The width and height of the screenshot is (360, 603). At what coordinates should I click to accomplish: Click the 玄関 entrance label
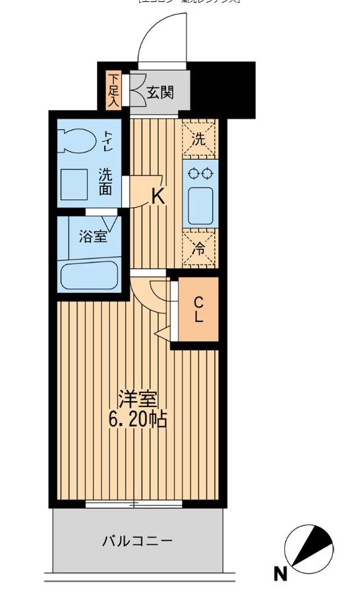click(x=160, y=93)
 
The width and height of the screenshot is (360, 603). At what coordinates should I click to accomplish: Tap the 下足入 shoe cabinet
click(x=113, y=90)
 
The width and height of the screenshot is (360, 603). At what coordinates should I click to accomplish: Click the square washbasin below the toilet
click(x=75, y=184)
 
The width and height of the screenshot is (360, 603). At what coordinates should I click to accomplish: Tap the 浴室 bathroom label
click(x=93, y=237)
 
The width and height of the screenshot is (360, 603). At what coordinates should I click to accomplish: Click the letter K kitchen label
click(x=158, y=196)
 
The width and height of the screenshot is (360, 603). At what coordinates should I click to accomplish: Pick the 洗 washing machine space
click(x=199, y=139)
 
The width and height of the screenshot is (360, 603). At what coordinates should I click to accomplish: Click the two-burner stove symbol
click(x=200, y=174)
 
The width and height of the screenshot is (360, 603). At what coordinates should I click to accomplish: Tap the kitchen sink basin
click(x=200, y=205)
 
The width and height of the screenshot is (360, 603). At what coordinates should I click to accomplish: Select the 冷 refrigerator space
click(x=199, y=249)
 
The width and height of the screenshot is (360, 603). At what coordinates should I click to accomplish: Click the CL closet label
click(x=198, y=309)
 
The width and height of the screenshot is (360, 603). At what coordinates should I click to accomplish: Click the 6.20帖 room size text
click(x=138, y=418)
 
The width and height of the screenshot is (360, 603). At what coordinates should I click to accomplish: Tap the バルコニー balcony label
click(x=137, y=542)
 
